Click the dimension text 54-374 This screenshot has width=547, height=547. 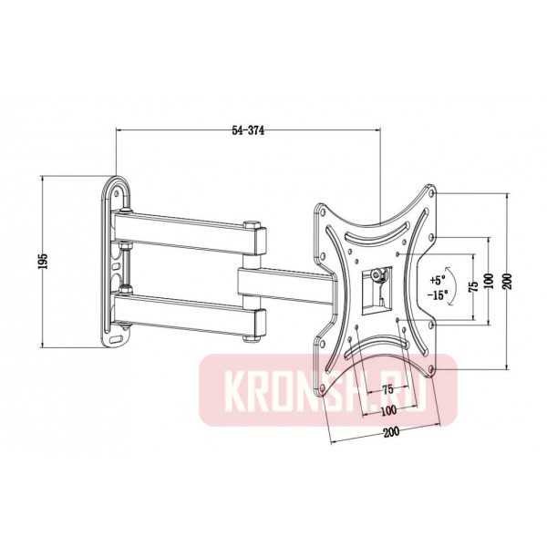pos(248,130)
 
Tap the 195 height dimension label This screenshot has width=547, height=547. pos(42,261)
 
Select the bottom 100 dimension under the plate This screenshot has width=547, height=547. pos(387,410)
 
